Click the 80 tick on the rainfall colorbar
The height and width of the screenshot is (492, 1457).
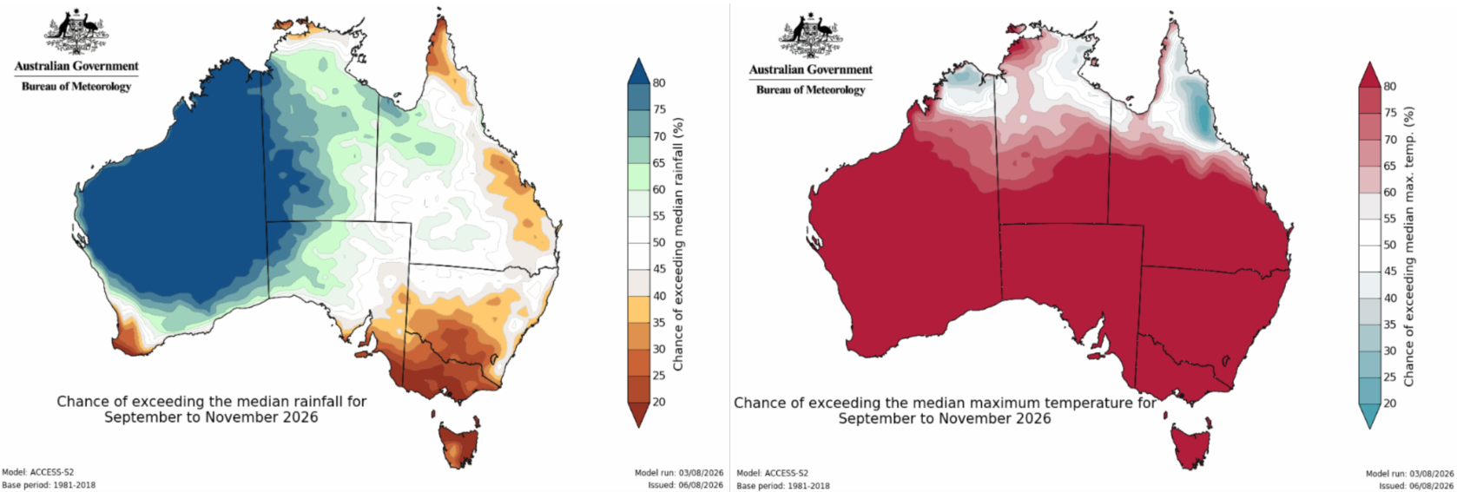pos(659,83)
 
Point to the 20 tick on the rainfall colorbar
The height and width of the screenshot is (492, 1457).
pos(659,402)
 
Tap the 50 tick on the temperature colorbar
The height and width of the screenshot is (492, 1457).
pos(1389,245)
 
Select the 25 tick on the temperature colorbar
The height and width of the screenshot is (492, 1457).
pos(1389,377)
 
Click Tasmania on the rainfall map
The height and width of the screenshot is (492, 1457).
pos(458,444)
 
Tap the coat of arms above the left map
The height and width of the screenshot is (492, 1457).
pos(76,32)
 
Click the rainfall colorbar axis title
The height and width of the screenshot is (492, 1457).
pos(678,245)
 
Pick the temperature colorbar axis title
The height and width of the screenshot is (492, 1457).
pos(1409,246)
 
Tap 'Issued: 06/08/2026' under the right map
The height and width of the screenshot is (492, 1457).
pos(1416,486)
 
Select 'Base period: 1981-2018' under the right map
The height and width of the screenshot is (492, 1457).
pos(783,486)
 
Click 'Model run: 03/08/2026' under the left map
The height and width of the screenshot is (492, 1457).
pos(679,473)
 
